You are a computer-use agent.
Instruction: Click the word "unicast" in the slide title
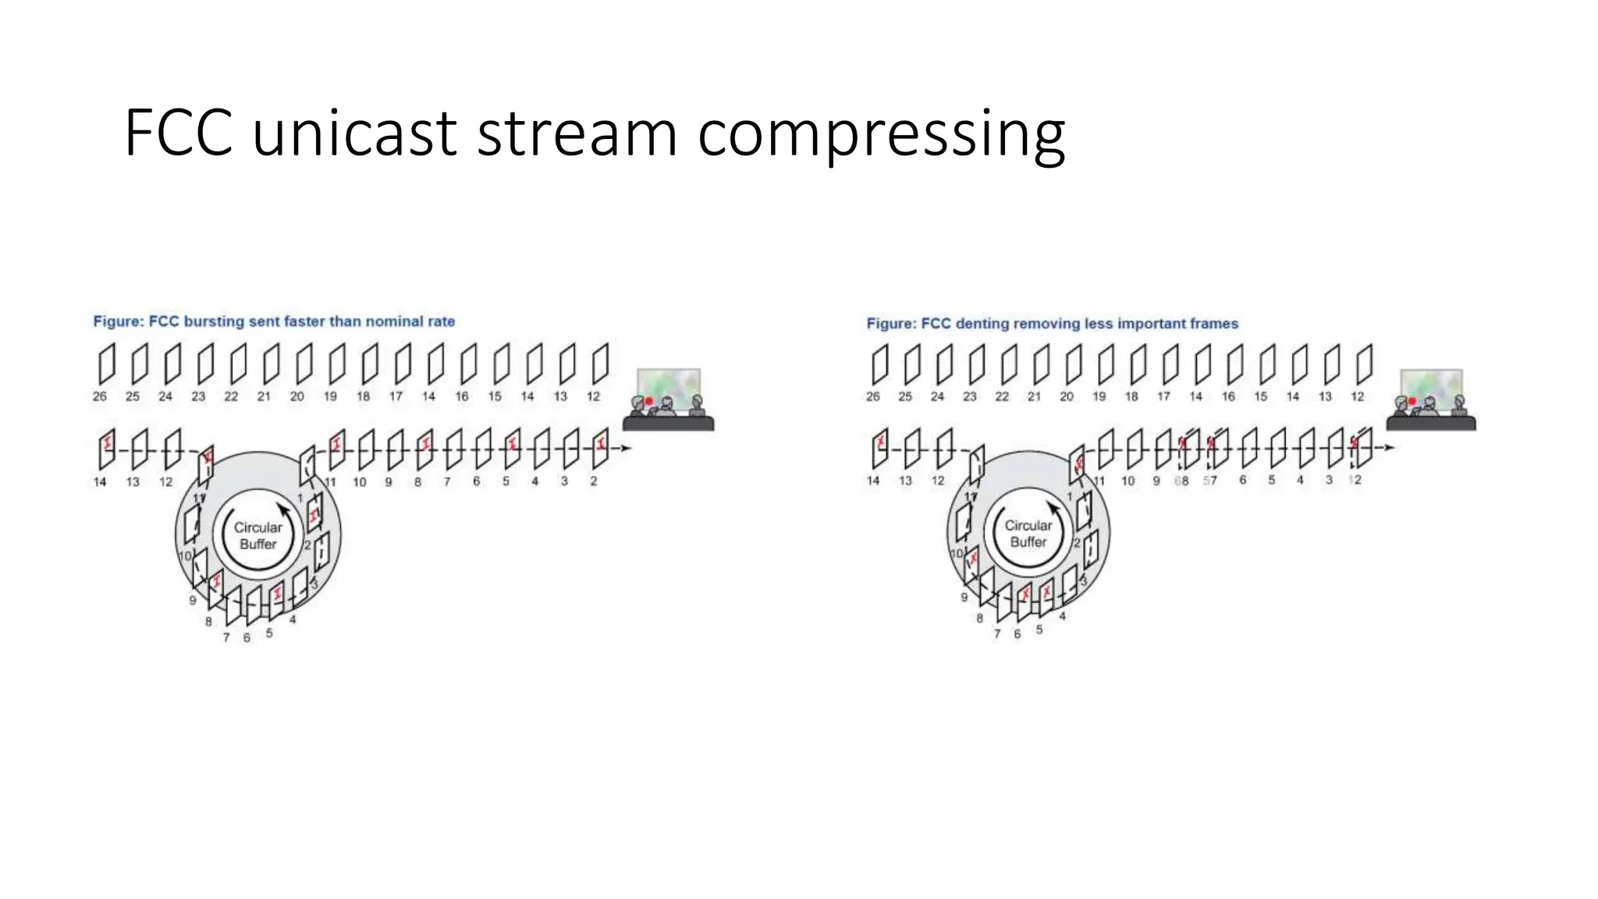tap(354, 133)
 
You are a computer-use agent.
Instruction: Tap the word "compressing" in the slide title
tap(881, 135)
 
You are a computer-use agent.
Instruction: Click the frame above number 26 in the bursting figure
tap(106, 364)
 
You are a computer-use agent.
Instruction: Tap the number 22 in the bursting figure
tap(231, 396)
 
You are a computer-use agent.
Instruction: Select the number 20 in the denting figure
tap(1066, 396)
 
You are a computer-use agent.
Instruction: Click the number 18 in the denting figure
tap(1131, 396)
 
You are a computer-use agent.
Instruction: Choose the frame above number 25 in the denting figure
tap(912, 364)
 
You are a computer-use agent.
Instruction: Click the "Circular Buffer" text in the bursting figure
tap(258, 536)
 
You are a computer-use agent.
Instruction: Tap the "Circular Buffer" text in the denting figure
tap(1028, 534)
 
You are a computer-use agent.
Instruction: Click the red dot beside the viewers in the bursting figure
tap(648, 401)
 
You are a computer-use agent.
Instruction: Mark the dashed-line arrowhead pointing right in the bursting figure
tap(626, 448)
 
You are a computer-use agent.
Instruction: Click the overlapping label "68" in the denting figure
tap(1181, 481)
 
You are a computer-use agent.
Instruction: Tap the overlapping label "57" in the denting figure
tap(1209, 481)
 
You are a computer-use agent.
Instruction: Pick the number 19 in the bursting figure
tap(330, 396)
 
